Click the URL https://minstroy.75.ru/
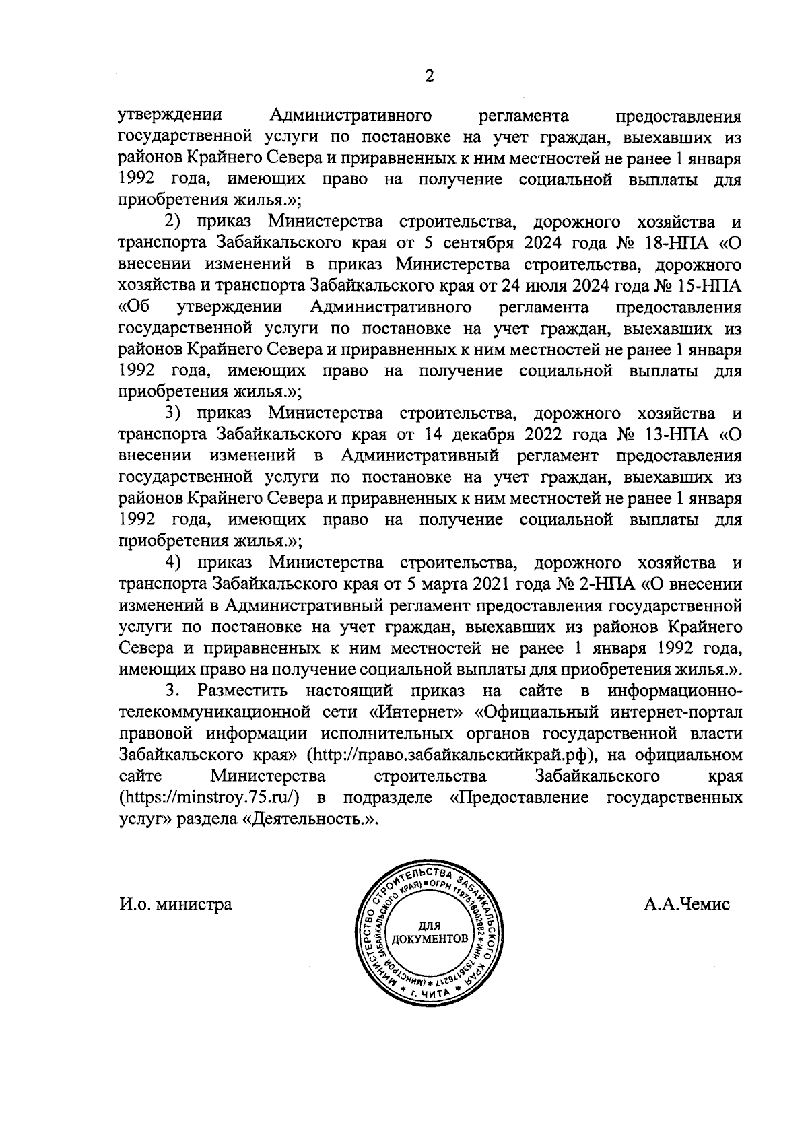pyautogui.click(x=209, y=798)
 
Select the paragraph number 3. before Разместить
pyautogui.click(x=174, y=691)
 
